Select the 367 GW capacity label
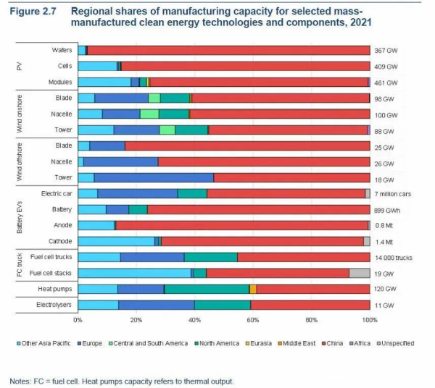click(384, 51)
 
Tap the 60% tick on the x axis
click(253, 319)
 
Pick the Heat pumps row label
click(56, 289)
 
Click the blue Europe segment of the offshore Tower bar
click(154, 177)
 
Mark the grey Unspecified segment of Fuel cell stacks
click(360, 273)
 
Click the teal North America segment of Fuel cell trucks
click(210, 257)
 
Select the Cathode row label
click(59, 241)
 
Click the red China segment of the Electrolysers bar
click(310, 305)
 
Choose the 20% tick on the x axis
click(136, 319)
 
